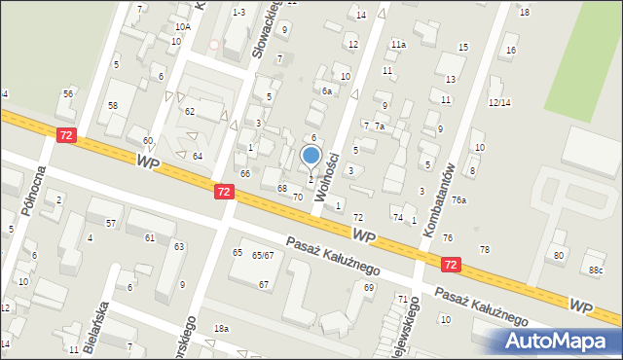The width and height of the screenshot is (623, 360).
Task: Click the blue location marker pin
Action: coord(311,155)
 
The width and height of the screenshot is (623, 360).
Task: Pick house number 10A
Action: coord(182,28)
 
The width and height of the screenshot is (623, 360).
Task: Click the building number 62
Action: coord(190,112)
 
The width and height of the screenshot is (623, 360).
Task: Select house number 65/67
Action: coord(263,256)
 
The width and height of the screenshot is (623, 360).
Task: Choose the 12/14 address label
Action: coord(499,102)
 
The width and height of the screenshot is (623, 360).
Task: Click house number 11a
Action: coord(398,45)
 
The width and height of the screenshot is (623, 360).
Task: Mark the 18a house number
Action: coord(222,329)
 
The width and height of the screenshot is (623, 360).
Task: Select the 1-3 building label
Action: coord(238,12)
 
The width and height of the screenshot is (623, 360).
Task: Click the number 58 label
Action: coord(113,105)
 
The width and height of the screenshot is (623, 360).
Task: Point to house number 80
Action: coord(558,256)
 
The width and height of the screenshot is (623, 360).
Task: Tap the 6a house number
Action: coord(328,90)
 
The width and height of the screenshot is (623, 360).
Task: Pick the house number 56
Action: coord(68,93)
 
